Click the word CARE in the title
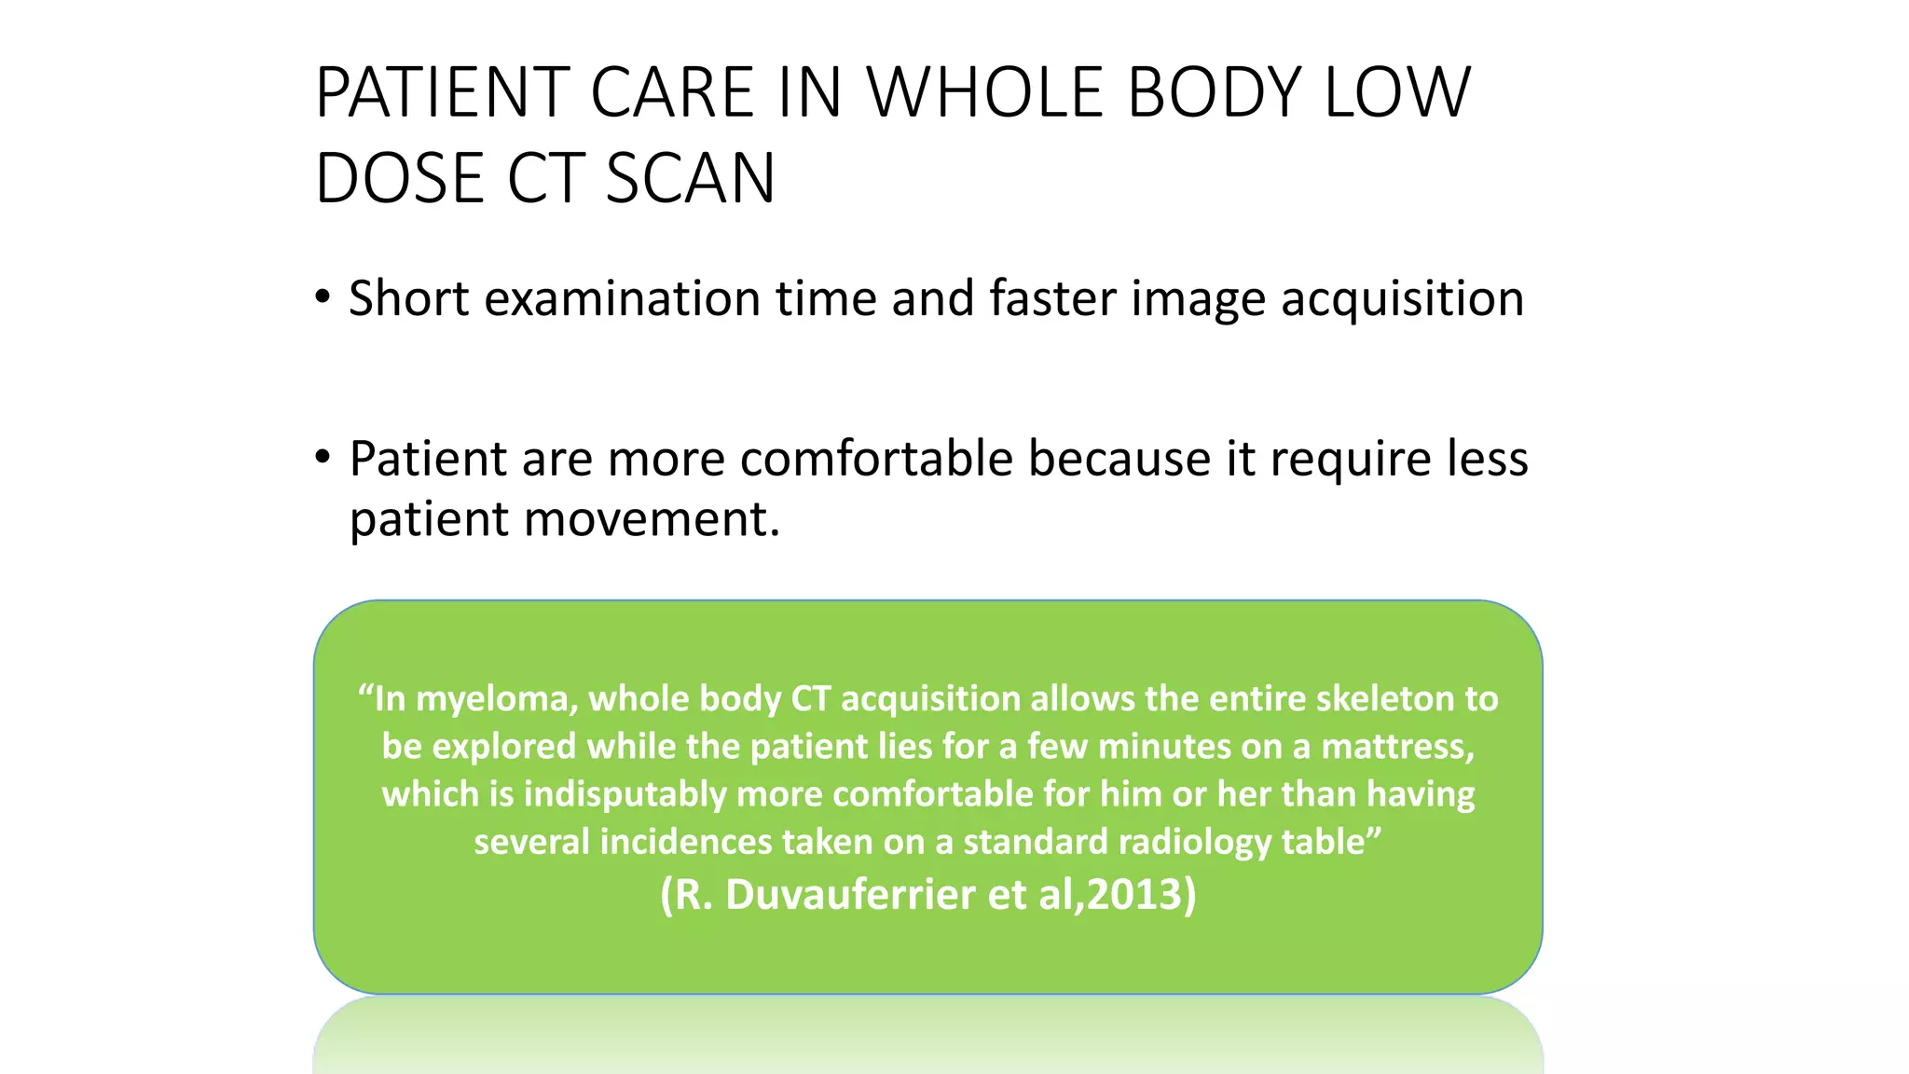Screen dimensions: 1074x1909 tap(671, 93)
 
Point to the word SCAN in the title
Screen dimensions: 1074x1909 tap(690, 179)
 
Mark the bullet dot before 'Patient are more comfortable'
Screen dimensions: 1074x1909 tap(323, 458)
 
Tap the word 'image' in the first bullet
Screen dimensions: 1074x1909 tap(1198, 300)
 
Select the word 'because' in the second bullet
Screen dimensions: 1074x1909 tap(1118, 459)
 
